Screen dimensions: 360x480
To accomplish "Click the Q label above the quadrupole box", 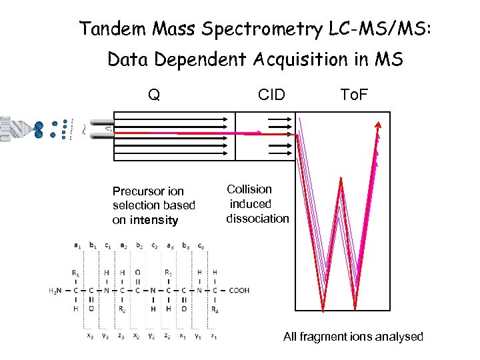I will (154, 95).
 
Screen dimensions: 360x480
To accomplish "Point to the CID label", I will (271, 95).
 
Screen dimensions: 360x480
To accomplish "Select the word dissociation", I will (257, 218).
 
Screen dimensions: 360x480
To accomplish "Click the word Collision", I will (249, 189).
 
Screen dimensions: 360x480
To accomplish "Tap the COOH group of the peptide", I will (238, 291).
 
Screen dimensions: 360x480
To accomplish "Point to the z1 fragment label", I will (214, 337).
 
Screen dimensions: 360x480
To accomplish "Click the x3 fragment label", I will (90, 337).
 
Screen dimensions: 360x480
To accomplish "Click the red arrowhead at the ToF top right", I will (378, 125).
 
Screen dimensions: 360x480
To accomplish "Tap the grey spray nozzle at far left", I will (13, 128).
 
